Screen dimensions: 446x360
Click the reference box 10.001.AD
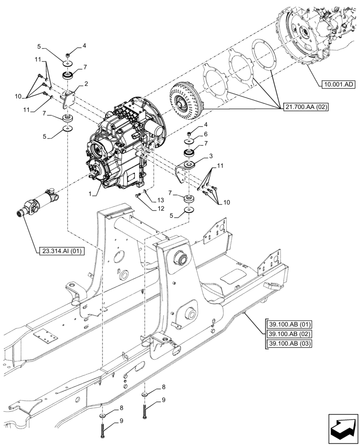pyautogui.click(x=338, y=84)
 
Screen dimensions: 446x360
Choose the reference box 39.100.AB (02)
pyautogui.click(x=290, y=334)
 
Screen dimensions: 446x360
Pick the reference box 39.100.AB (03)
pyautogui.click(x=290, y=343)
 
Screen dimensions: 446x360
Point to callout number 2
pyautogui.click(x=86, y=83)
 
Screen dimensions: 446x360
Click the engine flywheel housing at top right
pyautogui.click(x=312, y=36)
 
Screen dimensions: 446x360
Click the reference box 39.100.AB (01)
pyautogui.click(x=290, y=324)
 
